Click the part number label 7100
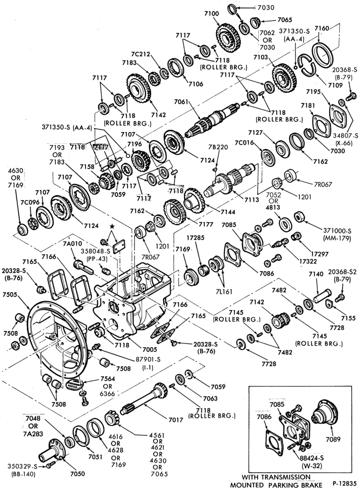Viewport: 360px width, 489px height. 211,14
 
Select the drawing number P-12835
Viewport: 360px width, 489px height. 344,483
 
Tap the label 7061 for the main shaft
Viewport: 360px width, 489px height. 181,102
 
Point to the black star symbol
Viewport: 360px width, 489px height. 112,226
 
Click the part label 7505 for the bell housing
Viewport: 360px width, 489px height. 10,294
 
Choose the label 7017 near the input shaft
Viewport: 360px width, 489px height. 176,420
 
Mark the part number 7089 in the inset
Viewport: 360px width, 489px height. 333,440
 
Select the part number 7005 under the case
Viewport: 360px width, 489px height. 150,350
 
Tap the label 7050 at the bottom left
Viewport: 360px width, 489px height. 77,474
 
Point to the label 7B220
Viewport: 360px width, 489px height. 218,147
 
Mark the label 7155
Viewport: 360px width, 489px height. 348,318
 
